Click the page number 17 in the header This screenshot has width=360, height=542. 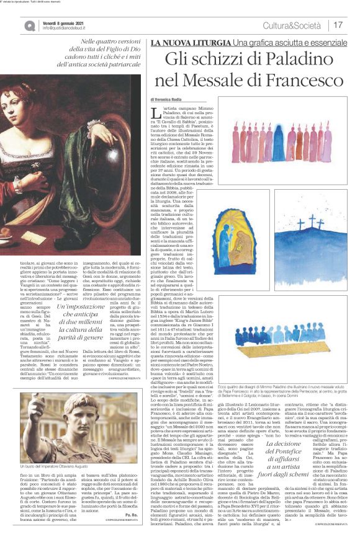339,25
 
